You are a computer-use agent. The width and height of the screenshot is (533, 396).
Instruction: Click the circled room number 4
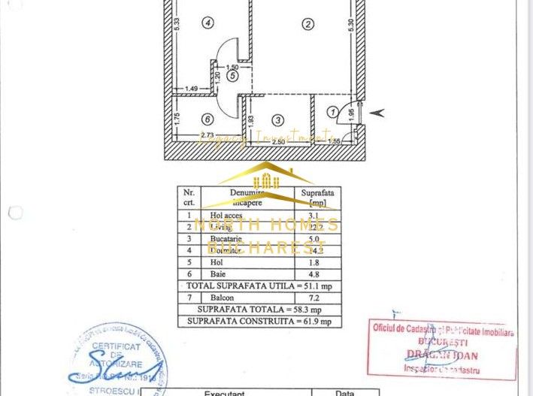208,23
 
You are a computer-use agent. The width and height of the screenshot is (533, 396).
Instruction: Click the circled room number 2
307,24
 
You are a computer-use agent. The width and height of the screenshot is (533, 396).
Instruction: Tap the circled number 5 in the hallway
232,75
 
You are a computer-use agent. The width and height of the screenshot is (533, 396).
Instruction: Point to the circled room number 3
278,119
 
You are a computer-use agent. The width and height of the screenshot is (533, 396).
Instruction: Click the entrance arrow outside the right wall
377,113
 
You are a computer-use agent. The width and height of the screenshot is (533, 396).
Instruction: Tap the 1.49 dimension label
192,89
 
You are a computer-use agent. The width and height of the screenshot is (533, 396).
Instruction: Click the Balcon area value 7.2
316,298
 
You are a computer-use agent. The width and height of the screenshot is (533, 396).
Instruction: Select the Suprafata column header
316,197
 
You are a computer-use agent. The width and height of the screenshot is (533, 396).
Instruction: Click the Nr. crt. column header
189,197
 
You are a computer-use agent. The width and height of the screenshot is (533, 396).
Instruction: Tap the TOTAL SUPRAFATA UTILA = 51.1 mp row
259,286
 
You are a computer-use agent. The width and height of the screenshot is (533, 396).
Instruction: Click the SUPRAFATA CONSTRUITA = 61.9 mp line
259,322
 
